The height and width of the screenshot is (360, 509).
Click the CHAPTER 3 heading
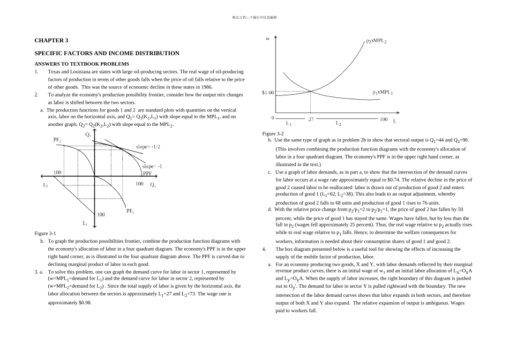click(51, 40)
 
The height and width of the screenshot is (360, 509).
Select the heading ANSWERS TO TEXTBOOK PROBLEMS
click(82, 64)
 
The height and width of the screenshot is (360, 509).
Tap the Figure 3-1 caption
click(45, 234)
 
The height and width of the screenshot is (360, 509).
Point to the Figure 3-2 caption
click(273, 133)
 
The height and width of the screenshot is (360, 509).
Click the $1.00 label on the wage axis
click(268, 93)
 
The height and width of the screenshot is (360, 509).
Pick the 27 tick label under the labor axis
click(311, 119)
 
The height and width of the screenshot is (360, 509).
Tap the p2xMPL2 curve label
click(377, 41)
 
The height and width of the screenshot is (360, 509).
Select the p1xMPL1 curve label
click(383, 93)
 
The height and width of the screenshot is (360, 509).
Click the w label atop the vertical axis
click(268, 39)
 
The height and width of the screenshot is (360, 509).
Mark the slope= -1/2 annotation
click(148, 146)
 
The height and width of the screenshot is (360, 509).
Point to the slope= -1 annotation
click(152, 166)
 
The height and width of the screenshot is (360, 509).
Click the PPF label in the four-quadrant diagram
click(147, 174)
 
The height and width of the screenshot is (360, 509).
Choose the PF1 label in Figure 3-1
click(130, 211)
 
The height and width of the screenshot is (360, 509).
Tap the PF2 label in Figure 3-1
click(57, 140)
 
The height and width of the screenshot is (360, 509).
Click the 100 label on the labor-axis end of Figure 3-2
click(384, 119)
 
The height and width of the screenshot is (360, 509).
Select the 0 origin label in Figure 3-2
click(273, 118)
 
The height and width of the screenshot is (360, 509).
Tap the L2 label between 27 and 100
click(339, 123)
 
